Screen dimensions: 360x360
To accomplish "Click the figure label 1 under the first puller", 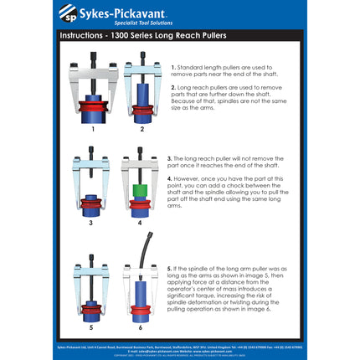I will (x=93, y=130).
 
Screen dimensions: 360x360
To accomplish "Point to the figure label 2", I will (x=141, y=130).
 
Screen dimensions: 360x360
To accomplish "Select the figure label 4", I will (x=140, y=223).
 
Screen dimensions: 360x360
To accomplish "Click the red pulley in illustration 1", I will (x=93, y=107).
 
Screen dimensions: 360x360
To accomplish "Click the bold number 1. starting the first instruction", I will (x=173, y=66).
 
